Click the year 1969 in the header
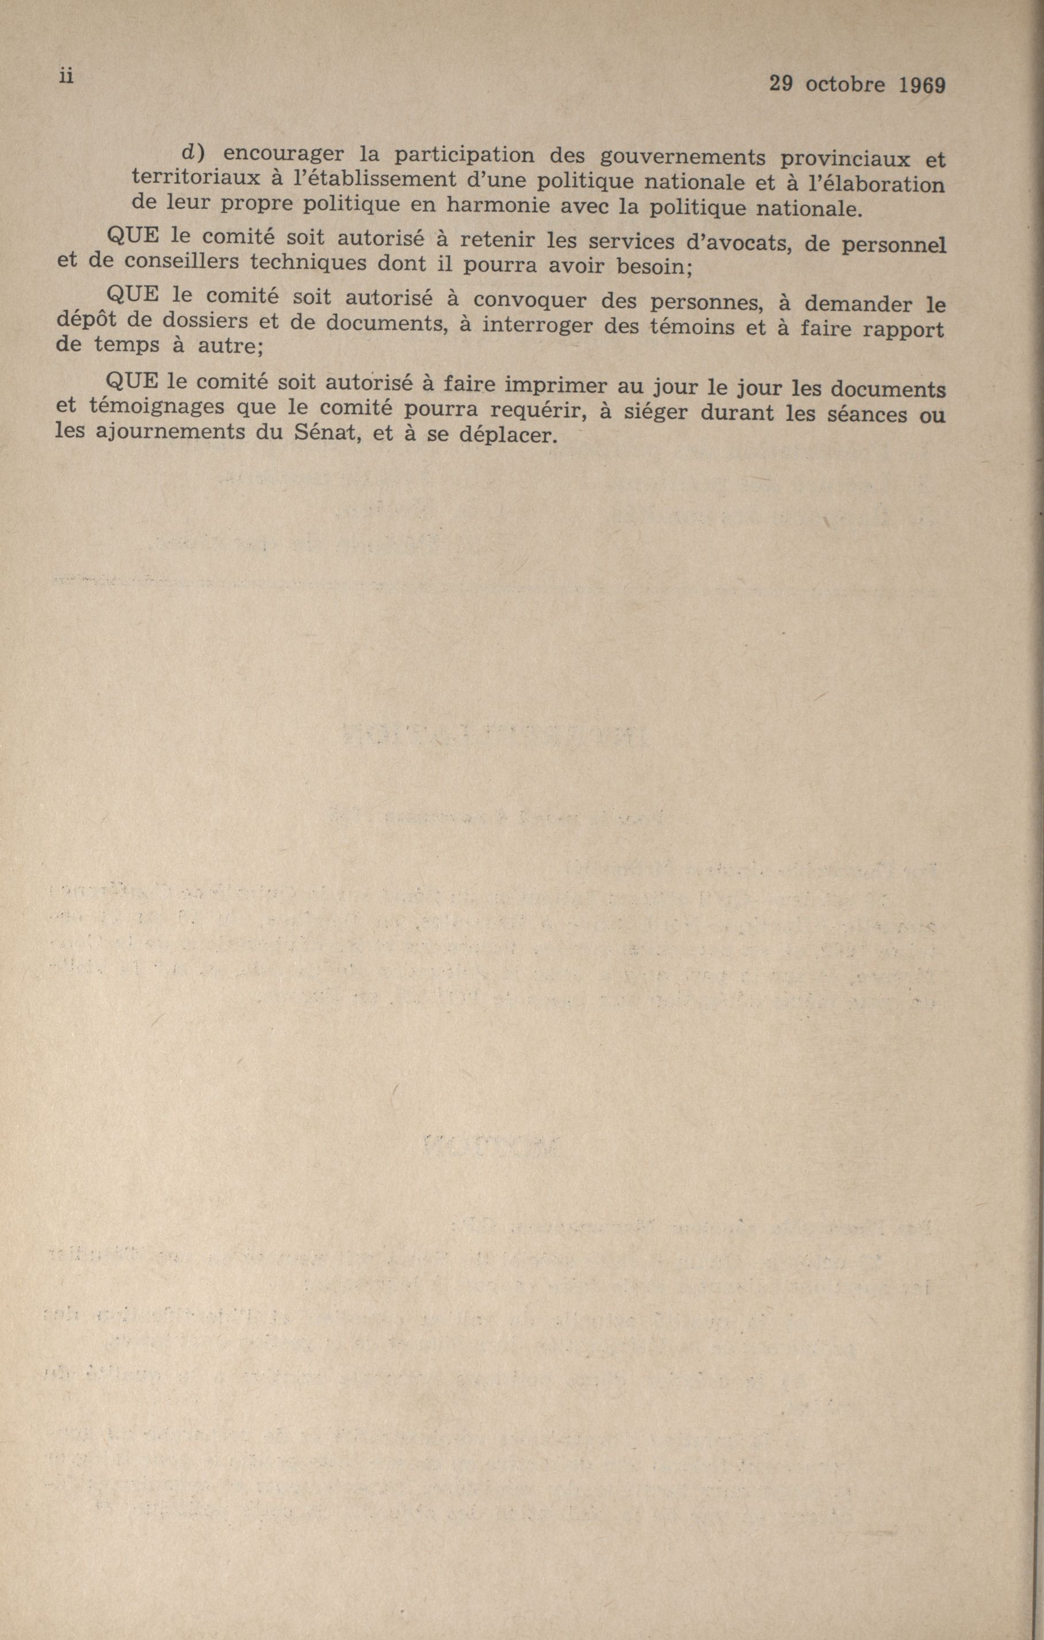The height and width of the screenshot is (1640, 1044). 921,85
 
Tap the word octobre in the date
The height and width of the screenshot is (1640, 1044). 846,85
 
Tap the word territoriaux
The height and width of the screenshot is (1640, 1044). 192,177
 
